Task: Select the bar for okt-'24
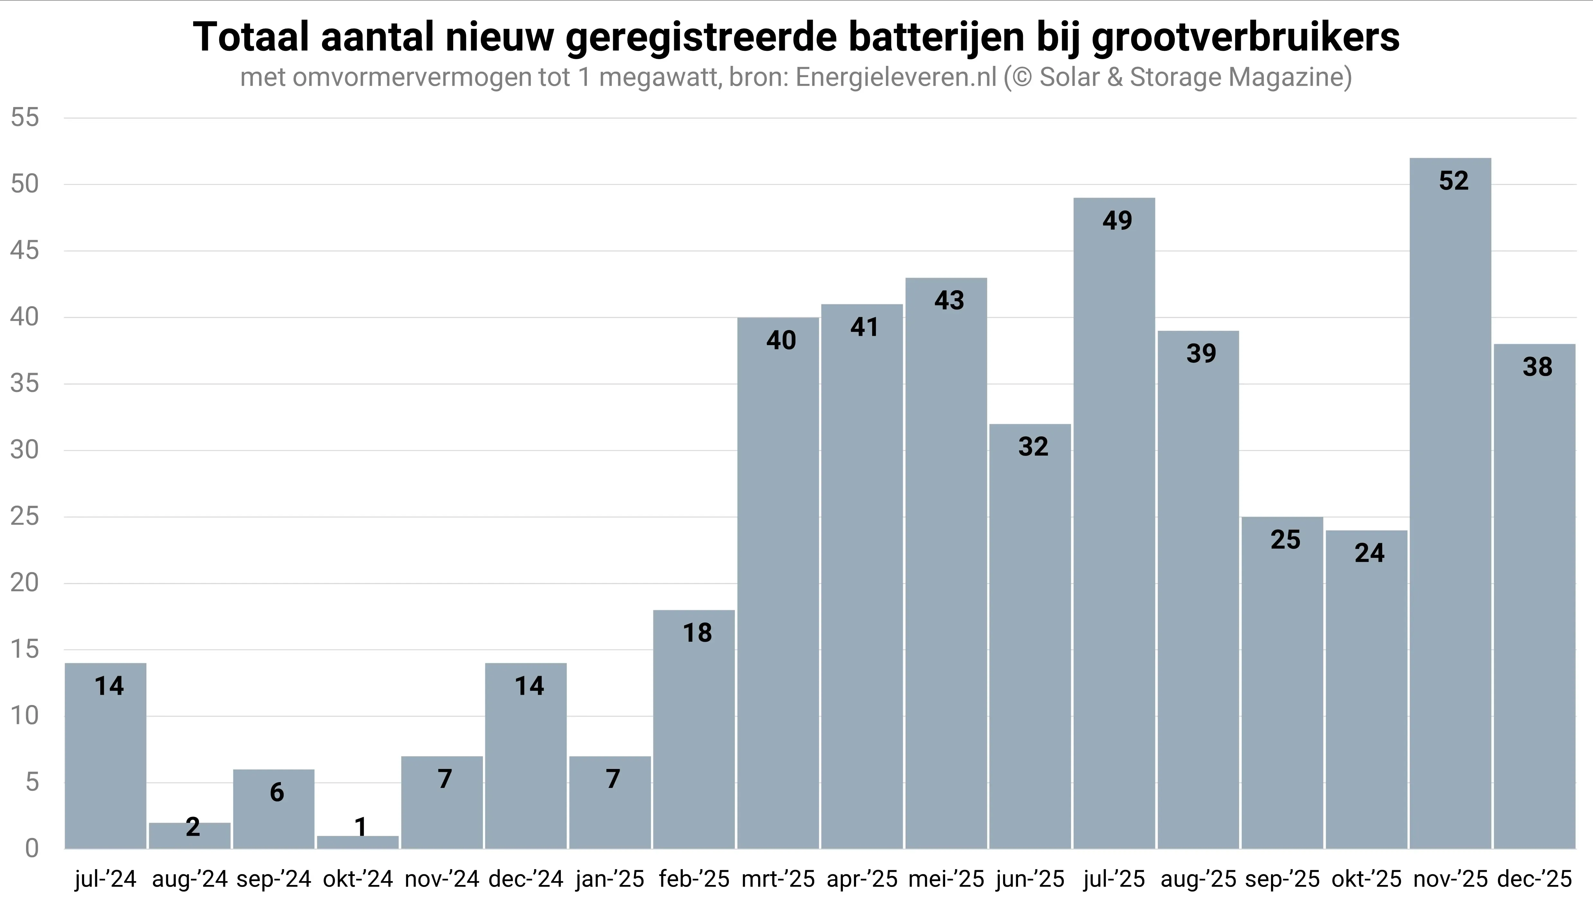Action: [x=357, y=843]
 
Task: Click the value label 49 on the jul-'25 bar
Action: [x=1117, y=220]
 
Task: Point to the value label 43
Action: [x=949, y=300]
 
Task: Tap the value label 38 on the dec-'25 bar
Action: [x=1537, y=367]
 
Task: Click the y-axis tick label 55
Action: [x=25, y=118]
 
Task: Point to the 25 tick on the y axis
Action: [x=25, y=517]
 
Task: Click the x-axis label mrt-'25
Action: [x=778, y=879]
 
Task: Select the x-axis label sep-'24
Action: [x=274, y=879]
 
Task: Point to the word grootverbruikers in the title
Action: [x=1245, y=37]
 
